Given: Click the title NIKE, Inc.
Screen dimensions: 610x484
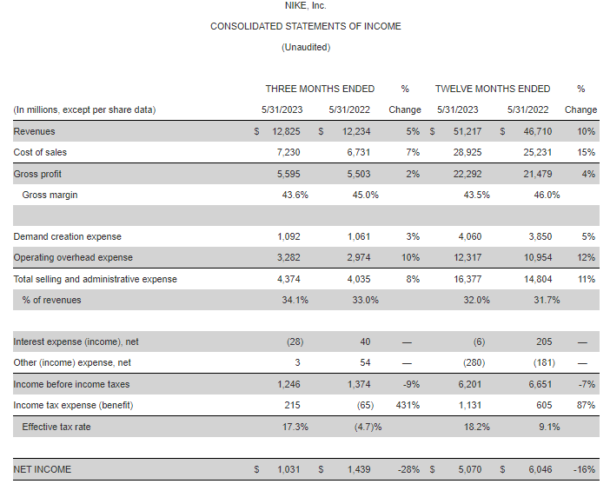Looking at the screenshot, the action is [x=305, y=5].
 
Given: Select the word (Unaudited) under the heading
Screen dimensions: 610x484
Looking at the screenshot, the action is [x=306, y=47].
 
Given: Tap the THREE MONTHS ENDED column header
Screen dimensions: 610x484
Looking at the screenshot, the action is [x=320, y=89].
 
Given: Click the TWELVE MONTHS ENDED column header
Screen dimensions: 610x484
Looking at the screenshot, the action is [x=493, y=89].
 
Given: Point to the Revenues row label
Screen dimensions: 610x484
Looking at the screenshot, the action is [x=34, y=131].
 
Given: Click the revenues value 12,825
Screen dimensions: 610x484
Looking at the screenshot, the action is [x=286, y=131].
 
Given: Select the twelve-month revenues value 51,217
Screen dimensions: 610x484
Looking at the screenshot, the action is [x=467, y=131].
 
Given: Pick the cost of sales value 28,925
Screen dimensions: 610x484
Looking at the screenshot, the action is [x=467, y=152].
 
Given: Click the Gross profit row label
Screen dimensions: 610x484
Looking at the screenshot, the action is [x=37, y=174].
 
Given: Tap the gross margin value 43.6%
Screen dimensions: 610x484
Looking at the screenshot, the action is [x=295, y=195].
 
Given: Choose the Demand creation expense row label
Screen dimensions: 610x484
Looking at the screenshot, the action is [x=67, y=236].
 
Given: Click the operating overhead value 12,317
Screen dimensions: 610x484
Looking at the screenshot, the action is [x=467, y=257].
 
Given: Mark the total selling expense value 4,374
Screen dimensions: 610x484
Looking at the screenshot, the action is [x=288, y=279].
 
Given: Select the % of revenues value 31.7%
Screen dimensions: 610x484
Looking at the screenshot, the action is [x=547, y=300].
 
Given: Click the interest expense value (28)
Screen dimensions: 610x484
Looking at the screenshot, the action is [x=295, y=341].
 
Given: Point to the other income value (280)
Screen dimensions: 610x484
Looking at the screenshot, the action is [x=474, y=362].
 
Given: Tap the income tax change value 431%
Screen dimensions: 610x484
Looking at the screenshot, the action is [x=408, y=405].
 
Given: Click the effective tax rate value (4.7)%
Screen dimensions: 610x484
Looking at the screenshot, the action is [x=368, y=427].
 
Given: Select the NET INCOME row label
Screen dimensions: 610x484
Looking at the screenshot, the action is [x=43, y=469].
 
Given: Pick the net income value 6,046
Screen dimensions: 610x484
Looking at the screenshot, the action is [x=540, y=469].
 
